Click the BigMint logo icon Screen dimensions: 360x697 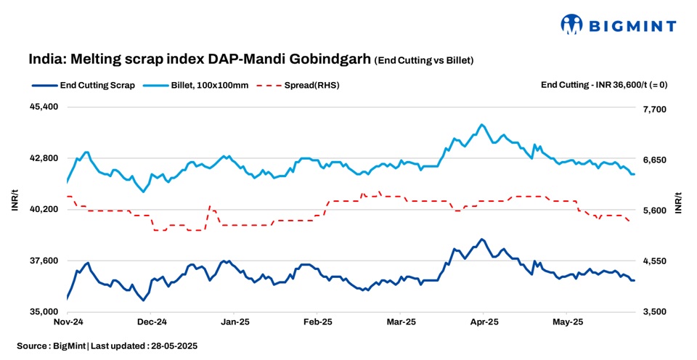572,24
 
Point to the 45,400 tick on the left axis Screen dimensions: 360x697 43,107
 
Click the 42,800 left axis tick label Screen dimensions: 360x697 43,158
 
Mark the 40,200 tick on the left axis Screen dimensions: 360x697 43,209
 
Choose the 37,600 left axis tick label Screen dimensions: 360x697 43,261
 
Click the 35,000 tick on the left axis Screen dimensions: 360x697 43,312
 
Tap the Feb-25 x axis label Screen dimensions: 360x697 318,321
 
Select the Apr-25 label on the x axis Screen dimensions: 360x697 484,321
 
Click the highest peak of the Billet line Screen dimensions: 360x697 483,125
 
